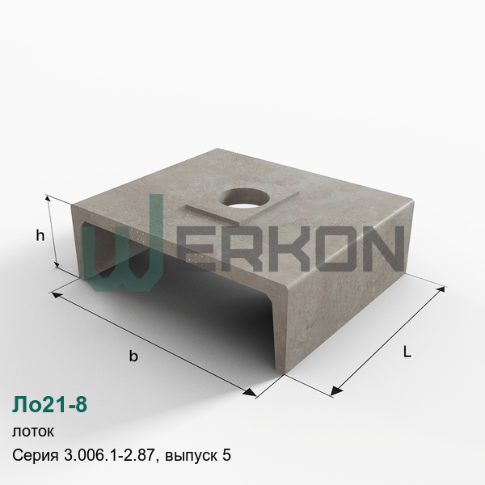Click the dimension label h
coord(40,236)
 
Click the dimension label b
coord(133,356)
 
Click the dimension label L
coord(407,352)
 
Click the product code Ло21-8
coord(49,404)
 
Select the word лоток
coord(33,431)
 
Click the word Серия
coord(36,456)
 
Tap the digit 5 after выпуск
coord(226,455)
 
